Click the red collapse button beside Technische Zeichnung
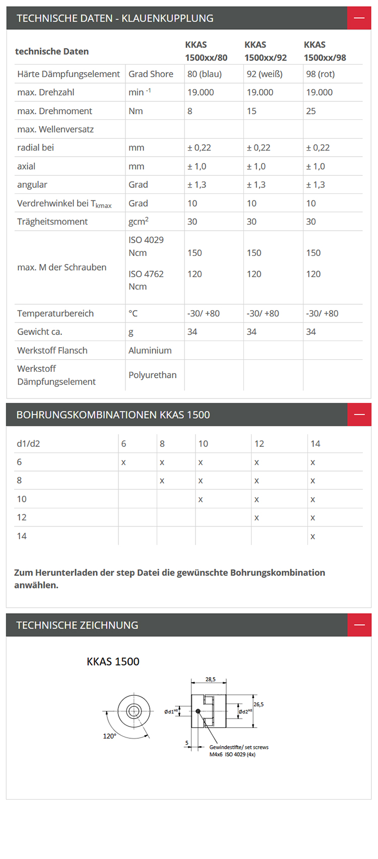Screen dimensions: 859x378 pos(359,625)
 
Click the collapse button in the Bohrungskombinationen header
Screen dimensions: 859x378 pos(359,415)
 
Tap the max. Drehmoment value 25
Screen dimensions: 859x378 pos(311,111)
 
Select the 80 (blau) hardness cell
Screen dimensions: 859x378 pos(204,74)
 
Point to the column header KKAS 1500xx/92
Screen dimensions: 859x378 pos(266,51)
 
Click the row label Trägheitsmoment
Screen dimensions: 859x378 pos(52,222)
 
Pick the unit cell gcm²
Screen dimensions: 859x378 pos(138,222)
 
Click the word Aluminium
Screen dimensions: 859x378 pos(150,350)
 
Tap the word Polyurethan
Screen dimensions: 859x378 pos(152,375)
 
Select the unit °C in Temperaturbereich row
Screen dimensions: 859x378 pos(133,313)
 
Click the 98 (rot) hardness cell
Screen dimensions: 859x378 pos(320,74)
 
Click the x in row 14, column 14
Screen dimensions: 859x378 pos(312,537)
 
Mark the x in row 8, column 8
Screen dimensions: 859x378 pos(162,481)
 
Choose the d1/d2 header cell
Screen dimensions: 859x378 pos(28,443)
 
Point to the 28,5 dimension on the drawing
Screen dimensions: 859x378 pos(210,679)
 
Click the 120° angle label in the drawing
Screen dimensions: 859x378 pos(109,736)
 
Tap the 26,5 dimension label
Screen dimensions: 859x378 pos(259,704)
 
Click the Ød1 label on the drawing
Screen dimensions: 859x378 pos(171,711)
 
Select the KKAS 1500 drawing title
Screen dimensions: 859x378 pos(113,662)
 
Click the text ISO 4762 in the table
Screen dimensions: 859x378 pos(146,274)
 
